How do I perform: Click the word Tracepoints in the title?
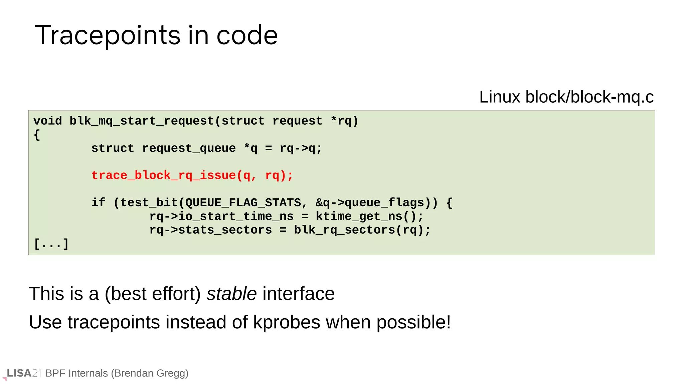tap(109, 35)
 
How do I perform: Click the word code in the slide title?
tap(247, 35)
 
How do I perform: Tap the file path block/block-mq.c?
tap(589, 97)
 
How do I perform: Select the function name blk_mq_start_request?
tap(142, 121)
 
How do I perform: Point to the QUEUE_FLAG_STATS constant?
tap(243, 203)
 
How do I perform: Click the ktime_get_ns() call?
tap(369, 216)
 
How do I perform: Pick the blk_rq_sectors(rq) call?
tap(362, 230)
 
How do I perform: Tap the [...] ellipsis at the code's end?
tap(51, 244)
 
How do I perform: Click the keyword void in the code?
tap(47, 121)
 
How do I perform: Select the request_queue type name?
tap(189, 148)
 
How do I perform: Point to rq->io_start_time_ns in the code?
tap(221, 216)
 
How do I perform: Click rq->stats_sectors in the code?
tap(210, 230)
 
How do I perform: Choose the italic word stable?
tap(231, 294)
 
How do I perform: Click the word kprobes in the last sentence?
tap(287, 322)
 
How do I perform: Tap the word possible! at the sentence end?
tap(413, 322)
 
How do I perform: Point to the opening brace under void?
tap(37, 135)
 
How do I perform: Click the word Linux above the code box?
tap(500, 97)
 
